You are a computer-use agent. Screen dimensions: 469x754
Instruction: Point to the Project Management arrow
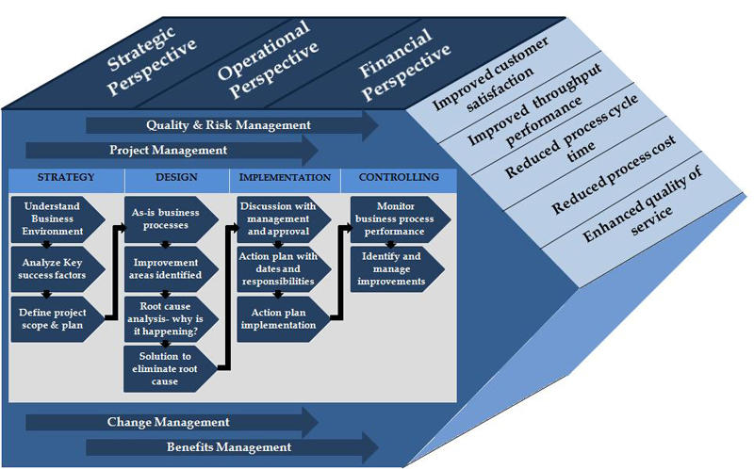tap(170, 150)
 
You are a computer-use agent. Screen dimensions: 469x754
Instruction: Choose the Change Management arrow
tap(170, 422)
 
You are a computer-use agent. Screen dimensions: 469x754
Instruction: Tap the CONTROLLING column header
tap(399, 177)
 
